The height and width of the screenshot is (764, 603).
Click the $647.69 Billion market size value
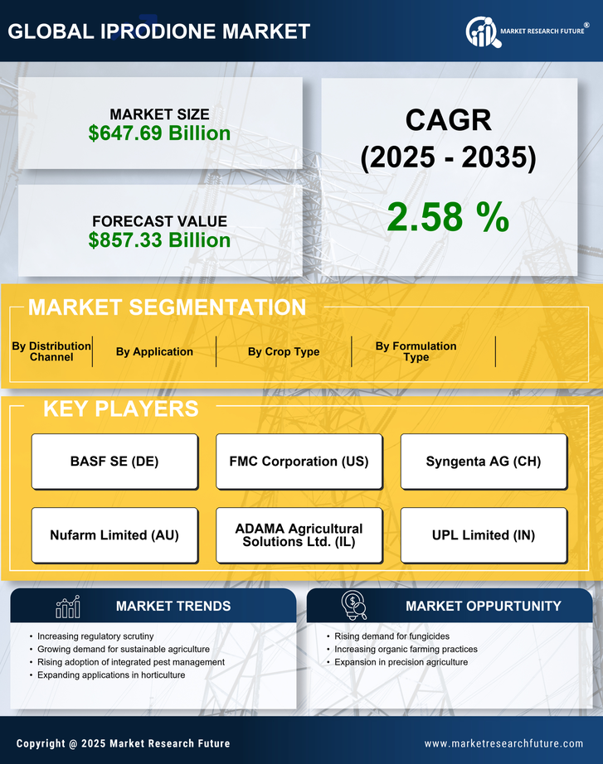coord(159,133)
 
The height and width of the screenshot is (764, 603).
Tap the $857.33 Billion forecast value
coord(159,239)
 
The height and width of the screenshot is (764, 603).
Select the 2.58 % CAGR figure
coord(448,217)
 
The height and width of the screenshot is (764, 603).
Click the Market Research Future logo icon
coord(480,31)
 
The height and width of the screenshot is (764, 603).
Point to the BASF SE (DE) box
coord(114,462)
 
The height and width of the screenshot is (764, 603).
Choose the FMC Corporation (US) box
coord(299,462)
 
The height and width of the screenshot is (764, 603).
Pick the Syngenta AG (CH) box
coord(484,462)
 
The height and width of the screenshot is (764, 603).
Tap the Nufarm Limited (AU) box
coord(114,535)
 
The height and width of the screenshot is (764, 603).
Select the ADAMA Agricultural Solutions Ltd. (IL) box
coord(299,535)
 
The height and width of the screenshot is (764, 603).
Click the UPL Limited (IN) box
coord(484,535)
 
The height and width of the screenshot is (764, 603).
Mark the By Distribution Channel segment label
coord(51,351)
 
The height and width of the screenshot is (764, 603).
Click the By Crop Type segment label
coord(284,351)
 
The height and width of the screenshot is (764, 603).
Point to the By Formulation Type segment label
coord(416,351)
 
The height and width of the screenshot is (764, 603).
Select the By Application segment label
coord(154,351)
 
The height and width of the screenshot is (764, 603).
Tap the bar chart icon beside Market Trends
coord(68,607)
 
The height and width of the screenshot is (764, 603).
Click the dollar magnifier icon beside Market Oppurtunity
coord(353,606)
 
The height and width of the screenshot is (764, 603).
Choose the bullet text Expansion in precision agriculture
coord(401,662)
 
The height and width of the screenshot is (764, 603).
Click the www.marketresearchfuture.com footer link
coord(503,743)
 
